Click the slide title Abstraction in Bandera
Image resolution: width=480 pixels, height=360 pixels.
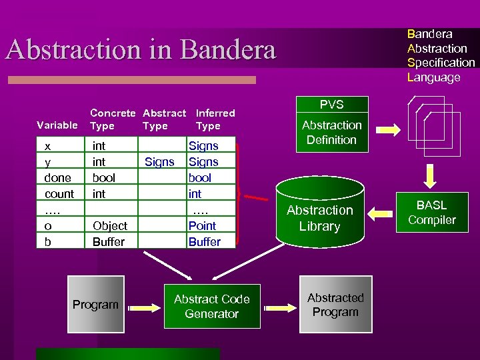pyautogui.click(x=141, y=50)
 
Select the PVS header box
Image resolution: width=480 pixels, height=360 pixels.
pyautogui.click(x=331, y=104)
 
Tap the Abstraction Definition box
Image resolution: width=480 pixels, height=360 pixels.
pyautogui.click(x=331, y=132)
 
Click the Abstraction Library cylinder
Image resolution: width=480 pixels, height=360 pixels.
pyautogui.click(x=319, y=213)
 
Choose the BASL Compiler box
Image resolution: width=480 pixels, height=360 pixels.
pyautogui.click(x=431, y=213)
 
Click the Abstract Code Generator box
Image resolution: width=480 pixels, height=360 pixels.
pyautogui.click(x=212, y=307)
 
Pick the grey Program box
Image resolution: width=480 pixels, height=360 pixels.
pyautogui.click(x=95, y=305)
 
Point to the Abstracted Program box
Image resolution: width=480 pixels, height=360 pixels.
pyautogui.click(x=335, y=305)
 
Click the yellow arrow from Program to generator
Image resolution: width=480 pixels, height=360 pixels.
pyautogui.click(x=142, y=307)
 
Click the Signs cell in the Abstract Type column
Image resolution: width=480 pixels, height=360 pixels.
pyautogui.click(x=159, y=161)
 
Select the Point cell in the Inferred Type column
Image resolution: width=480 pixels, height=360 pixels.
pyautogui.click(x=202, y=226)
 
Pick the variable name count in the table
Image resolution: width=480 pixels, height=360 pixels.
pyautogui.click(x=59, y=194)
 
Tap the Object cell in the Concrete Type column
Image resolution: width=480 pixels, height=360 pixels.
pyautogui.click(x=110, y=226)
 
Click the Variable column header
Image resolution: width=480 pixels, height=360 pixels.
pyautogui.click(x=57, y=125)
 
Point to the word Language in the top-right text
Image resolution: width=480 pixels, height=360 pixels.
pyautogui.click(x=434, y=77)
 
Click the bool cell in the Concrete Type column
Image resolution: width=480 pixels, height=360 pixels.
pyautogui.click(x=103, y=177)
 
